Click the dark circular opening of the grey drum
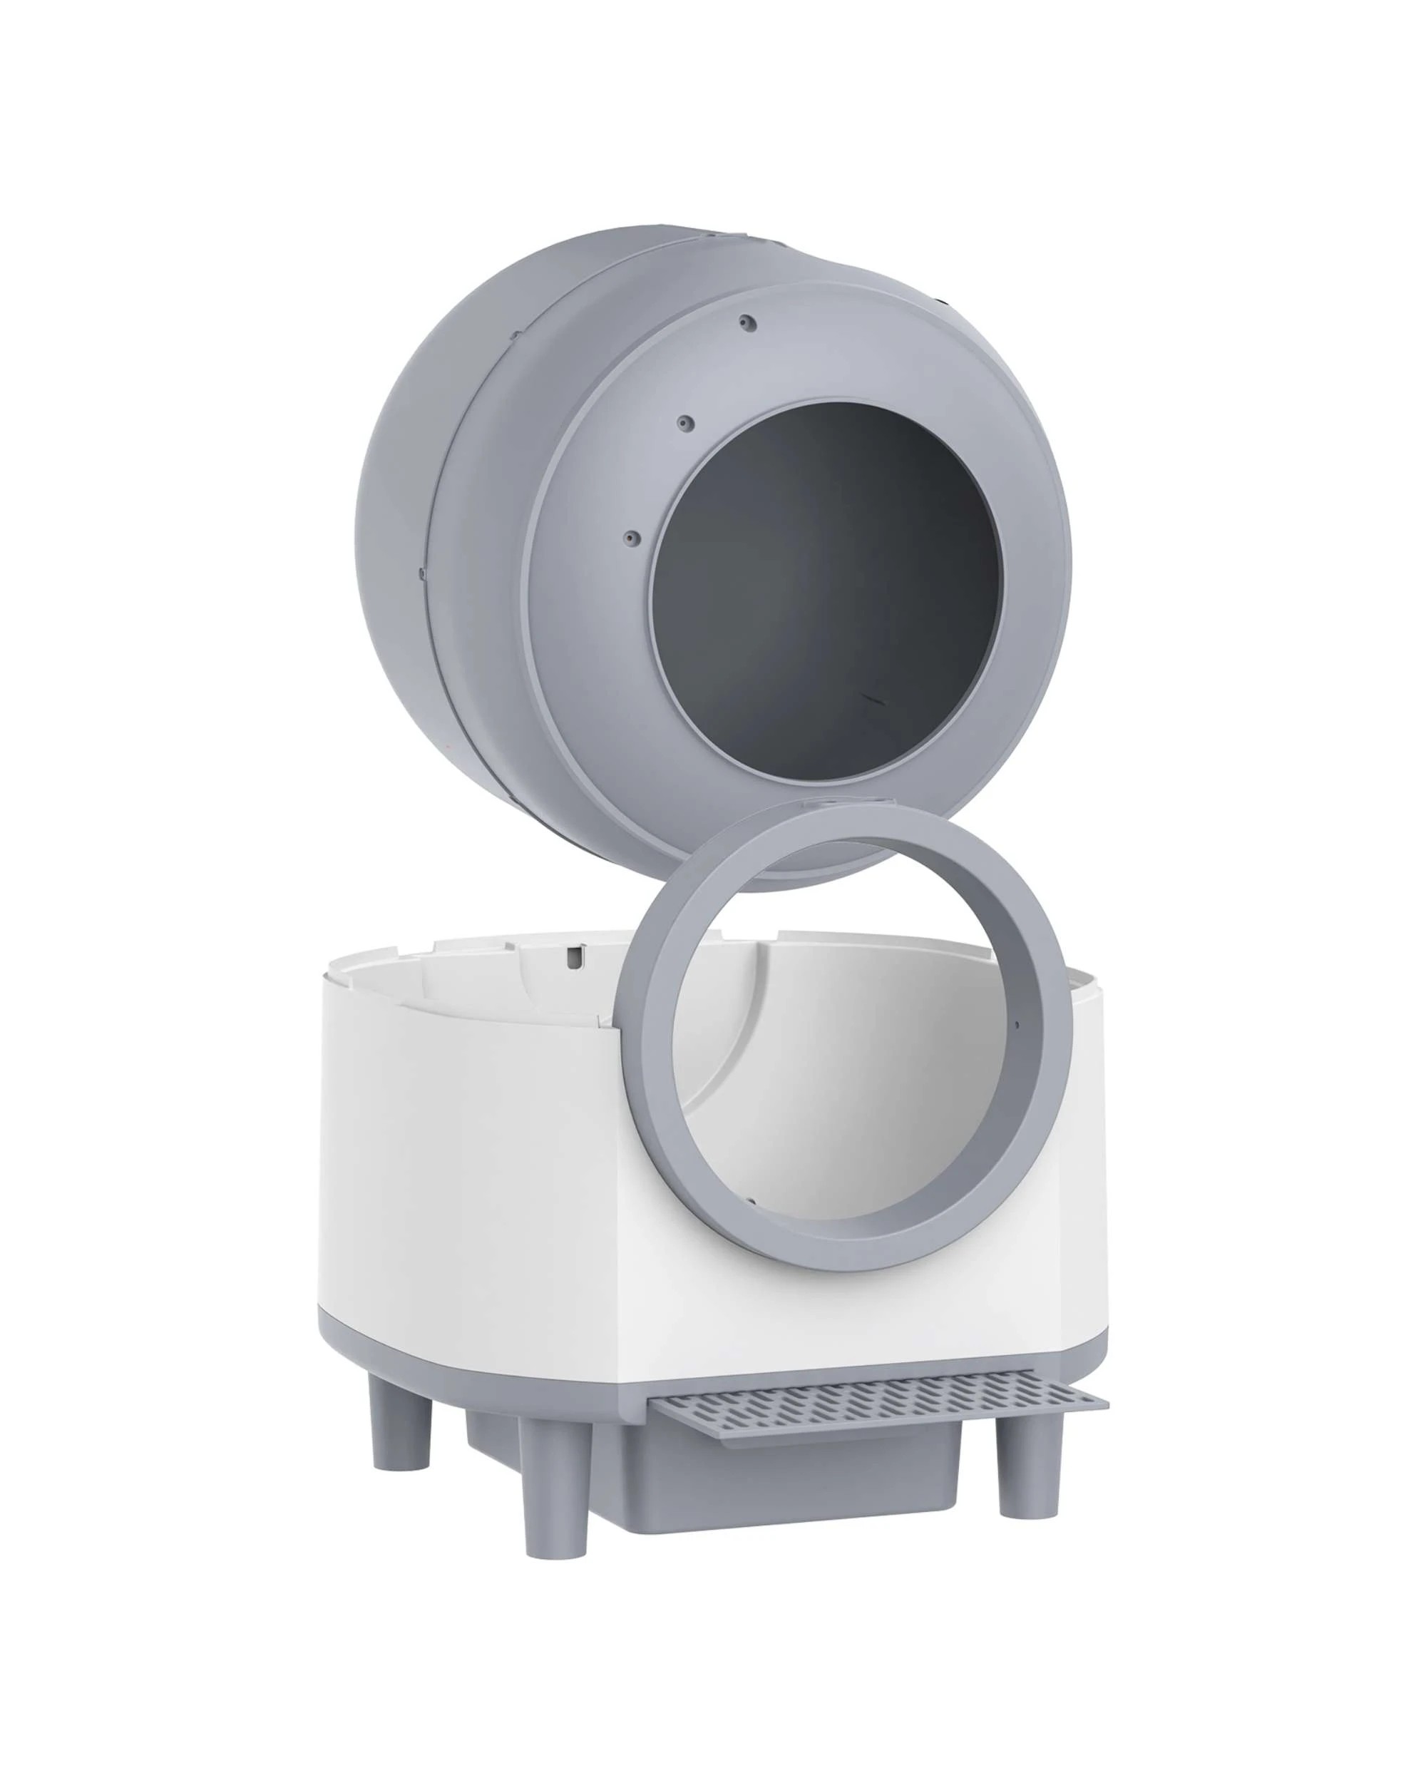click(x=826, y=579)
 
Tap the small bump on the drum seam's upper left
click(x=513, y=336)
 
